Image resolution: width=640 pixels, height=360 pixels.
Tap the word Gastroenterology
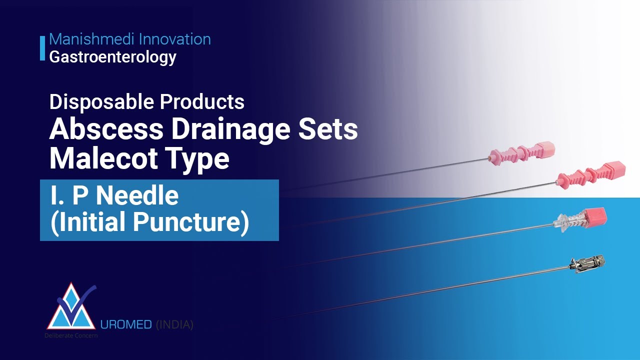click(x=112, y=57)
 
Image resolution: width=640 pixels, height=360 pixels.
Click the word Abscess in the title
click(x=106, y=130)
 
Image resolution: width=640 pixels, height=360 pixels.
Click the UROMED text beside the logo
click(x=126, y=325)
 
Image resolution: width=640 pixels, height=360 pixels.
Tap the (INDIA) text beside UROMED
click(x=174, y=325)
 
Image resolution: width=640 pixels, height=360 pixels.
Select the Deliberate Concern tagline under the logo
click(x=71, y=335)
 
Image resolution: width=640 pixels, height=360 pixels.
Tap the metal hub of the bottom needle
click(x=588, y=263)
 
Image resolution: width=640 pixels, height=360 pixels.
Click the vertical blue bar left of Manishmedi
click(x=42, y=48)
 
